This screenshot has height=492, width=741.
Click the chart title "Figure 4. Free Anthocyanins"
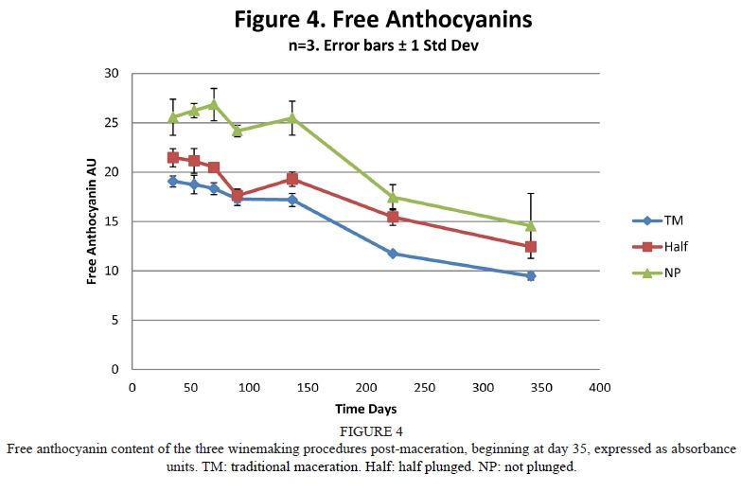pos(370,19)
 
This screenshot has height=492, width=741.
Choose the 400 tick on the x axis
pos(599,387)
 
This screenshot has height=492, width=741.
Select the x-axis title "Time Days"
pos(365,409)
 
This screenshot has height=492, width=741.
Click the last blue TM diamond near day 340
pos(531,276)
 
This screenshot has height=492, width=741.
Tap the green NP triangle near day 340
pos(531,226)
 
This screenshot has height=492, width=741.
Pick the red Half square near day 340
pos(531,247)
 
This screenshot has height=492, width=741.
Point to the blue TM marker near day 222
pos(392,254)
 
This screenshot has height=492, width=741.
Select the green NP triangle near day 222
pos(392,197)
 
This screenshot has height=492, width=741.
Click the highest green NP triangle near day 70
pos(214,104)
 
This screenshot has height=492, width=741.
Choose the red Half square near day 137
pos(292,179)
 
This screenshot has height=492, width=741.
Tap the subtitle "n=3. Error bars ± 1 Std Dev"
pos(370,44)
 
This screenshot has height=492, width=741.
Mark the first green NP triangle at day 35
pos(173,117)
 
